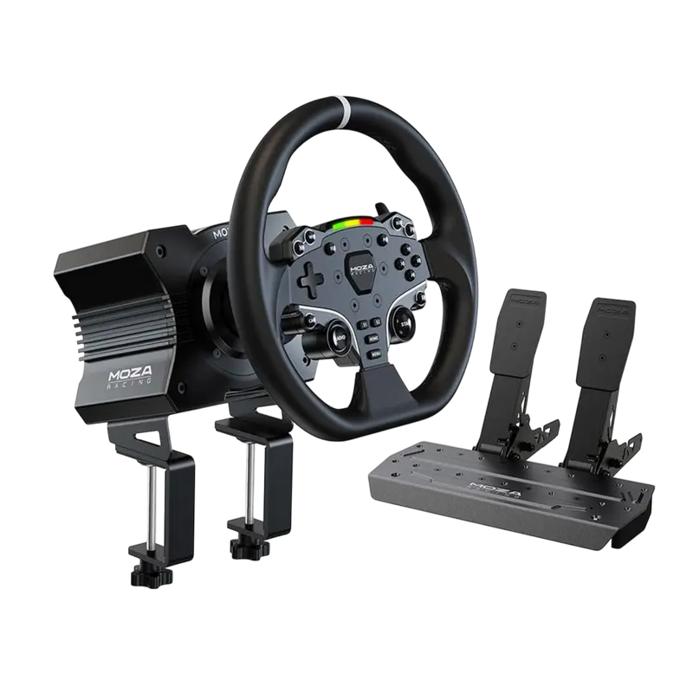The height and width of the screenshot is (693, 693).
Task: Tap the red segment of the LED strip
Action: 366,222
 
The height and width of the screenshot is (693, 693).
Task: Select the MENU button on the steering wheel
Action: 372,353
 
